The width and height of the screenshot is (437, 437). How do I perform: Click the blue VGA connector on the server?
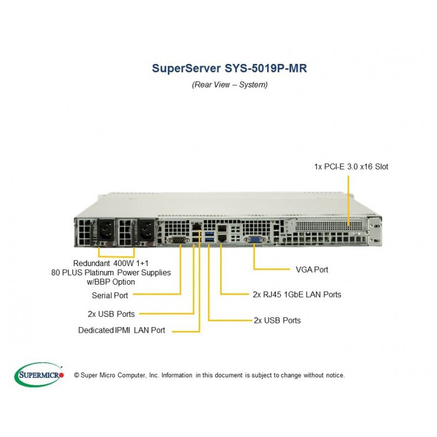[x=254, y=239]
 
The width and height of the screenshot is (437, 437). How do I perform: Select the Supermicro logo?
[x=39, y=375]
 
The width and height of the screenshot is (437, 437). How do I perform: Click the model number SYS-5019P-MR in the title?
[x=266, y=68]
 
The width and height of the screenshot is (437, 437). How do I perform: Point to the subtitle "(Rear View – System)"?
[x=229, y=85]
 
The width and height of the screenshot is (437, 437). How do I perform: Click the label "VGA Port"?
[x=312, y=269]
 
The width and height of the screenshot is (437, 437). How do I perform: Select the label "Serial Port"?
[x=110, y=295]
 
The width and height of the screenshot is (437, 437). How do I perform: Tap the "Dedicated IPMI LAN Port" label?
[x=121, y=330]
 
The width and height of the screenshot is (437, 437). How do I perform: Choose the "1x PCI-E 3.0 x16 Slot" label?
[x=351, y=167]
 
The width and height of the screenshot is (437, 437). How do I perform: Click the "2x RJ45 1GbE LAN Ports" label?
[x=297, y=294]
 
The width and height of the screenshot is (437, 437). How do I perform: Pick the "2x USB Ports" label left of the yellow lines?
[x=111, y=314]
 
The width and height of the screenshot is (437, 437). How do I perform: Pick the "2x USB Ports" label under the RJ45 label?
[x=277, y=320]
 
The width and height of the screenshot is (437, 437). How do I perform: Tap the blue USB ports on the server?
[x=209, y=237]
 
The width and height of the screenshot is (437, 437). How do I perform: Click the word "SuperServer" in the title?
[x=186, y=68]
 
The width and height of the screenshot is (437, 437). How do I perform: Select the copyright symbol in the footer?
[x=76, y=375]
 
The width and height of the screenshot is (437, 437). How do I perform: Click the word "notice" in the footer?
[x=335, y=375]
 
